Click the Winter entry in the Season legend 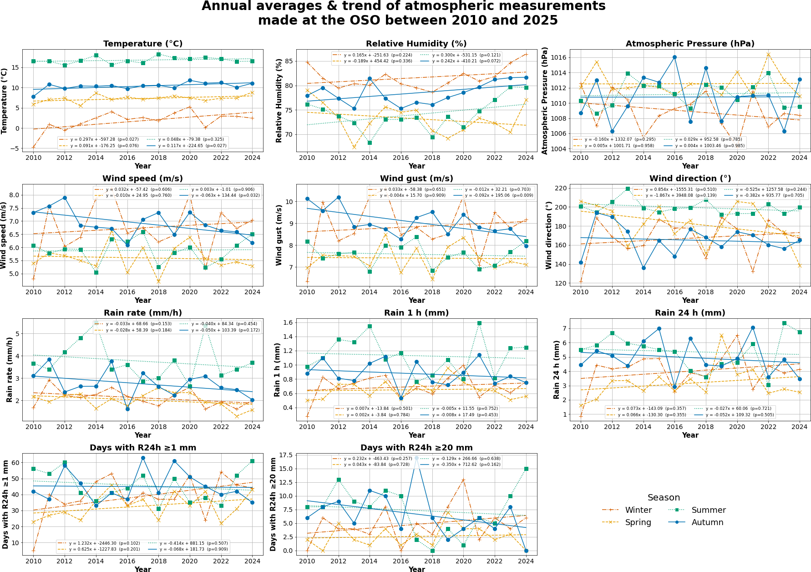pos(638,510)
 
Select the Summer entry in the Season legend pos(708,510)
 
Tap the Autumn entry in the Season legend pos(707,522)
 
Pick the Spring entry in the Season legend pos(638,522)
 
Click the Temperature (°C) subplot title pos(143,44)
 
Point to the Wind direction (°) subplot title pos(690,179)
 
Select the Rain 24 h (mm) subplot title pos(690,313)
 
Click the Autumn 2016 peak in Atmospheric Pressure pos(674,57)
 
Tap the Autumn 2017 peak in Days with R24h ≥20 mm pos(416,458)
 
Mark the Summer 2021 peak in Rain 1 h pos(479,323)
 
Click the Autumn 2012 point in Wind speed pos(65,198)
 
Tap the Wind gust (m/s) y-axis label pos(279,235)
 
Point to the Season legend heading pos(664,498)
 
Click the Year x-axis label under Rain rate pos(143,435)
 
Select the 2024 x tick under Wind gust pos(526,292)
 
